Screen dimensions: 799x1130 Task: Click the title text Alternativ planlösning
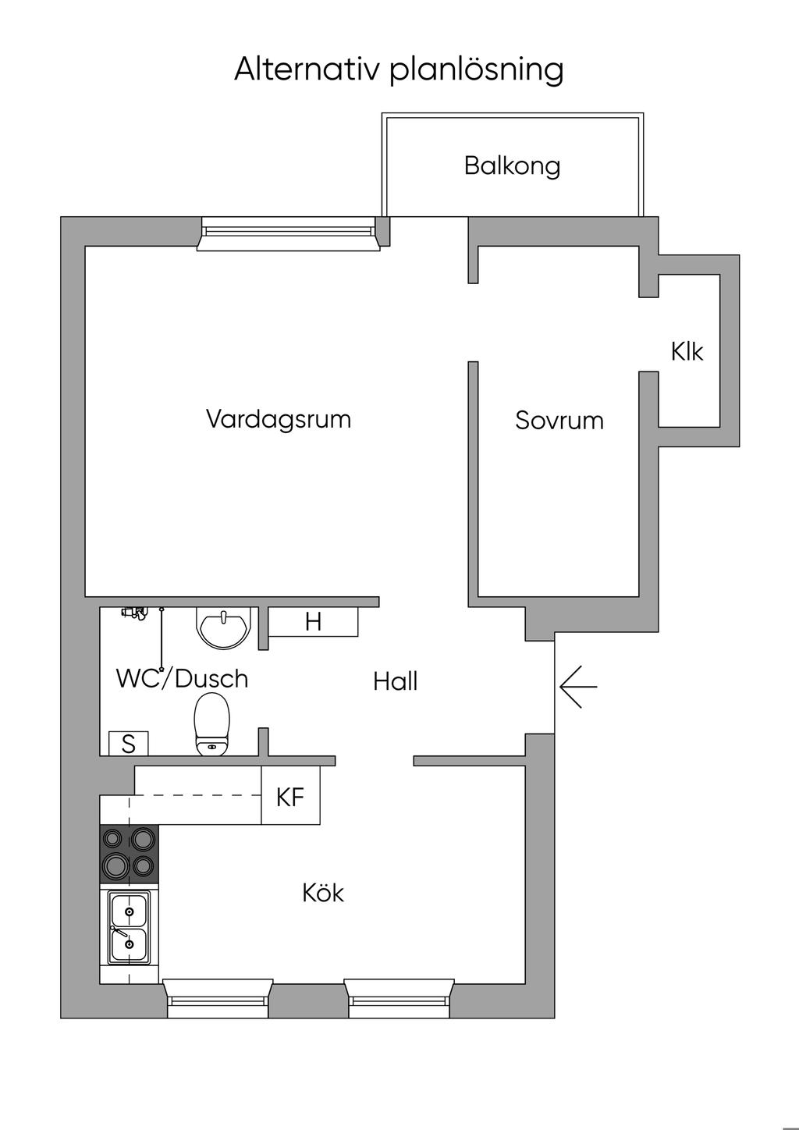click(x=399, y=70)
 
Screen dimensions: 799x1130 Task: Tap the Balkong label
click(x=512, y=166)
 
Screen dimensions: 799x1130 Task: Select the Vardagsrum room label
click(x=279, y=419)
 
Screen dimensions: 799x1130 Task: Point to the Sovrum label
click(x=559, y=420)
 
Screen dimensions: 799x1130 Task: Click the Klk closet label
click(x=687, y=352)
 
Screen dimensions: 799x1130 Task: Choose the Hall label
click(x=396, y=682)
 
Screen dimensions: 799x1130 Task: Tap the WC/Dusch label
click(x=182, y=679)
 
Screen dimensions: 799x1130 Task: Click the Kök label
click(x=323, y=893)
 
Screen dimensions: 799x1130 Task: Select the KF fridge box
click(x=290, y=796)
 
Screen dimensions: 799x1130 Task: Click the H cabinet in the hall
click(x=313, y=621)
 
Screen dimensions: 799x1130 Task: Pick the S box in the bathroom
click(x=129, y=744)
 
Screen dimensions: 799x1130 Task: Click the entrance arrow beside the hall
click(x=578, y=687)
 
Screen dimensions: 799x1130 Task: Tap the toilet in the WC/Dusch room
click(x=212, y=724)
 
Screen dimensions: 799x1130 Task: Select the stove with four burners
click(x=129, y=854)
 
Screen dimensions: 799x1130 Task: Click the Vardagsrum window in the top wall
click(x=288, y=233)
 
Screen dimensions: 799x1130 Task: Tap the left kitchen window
click(x=218, y=999)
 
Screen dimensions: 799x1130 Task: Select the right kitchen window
click(x=399, y=999)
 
